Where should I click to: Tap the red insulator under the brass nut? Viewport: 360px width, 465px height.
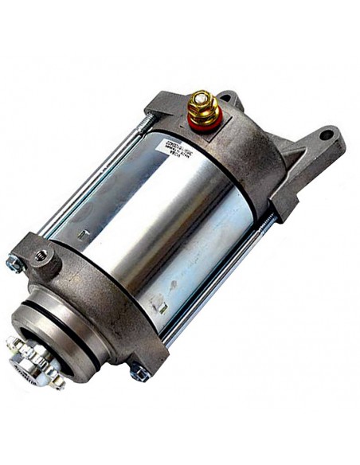pyautogui.click(x=204, y=122)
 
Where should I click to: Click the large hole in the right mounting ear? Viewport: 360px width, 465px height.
pyautogui.click(x=327, y=135)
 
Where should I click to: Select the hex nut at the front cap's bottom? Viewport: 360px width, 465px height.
pyautogui.click(x=140, y=372)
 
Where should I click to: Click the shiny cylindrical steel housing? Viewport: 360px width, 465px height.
pyautogui.click(x=159, y=215)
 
